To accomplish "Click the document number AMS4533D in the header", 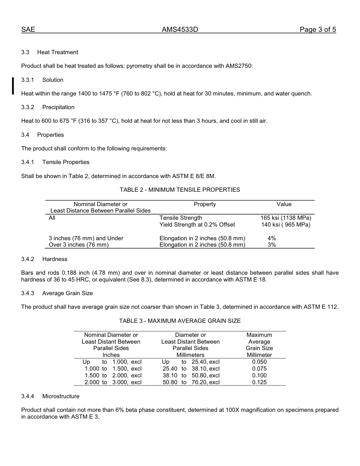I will click(x=180, y=30).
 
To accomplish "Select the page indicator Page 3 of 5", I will click(x=318, y=30).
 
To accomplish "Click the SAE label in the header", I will click(x=28, y=30).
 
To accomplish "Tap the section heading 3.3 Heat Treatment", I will click(x=50, y=52).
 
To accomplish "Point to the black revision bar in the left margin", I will click(x=13, y=86).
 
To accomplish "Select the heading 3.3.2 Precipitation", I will click(x=48, y=107).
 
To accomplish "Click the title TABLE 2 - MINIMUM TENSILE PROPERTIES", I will click(x=180, y=190).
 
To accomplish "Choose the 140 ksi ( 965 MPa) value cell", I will click(x=286, y=225).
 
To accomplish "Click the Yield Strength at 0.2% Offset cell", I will click(x=197, y=225).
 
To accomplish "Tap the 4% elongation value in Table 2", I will click(x=272, y=238).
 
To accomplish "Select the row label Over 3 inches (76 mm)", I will click(x=79, y=245).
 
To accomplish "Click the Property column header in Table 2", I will click(x=205, y=204).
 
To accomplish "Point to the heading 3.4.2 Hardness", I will click(x=44, y=259).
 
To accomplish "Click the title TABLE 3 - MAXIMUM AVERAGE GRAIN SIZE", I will click(x=180, y=321).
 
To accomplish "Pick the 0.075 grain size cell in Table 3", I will click(x=259, y=369).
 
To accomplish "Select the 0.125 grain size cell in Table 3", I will click(x=259, y=382).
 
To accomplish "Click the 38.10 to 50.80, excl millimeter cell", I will click(x=191, y=375).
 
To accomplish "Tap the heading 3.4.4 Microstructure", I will click(x=50, y=396).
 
